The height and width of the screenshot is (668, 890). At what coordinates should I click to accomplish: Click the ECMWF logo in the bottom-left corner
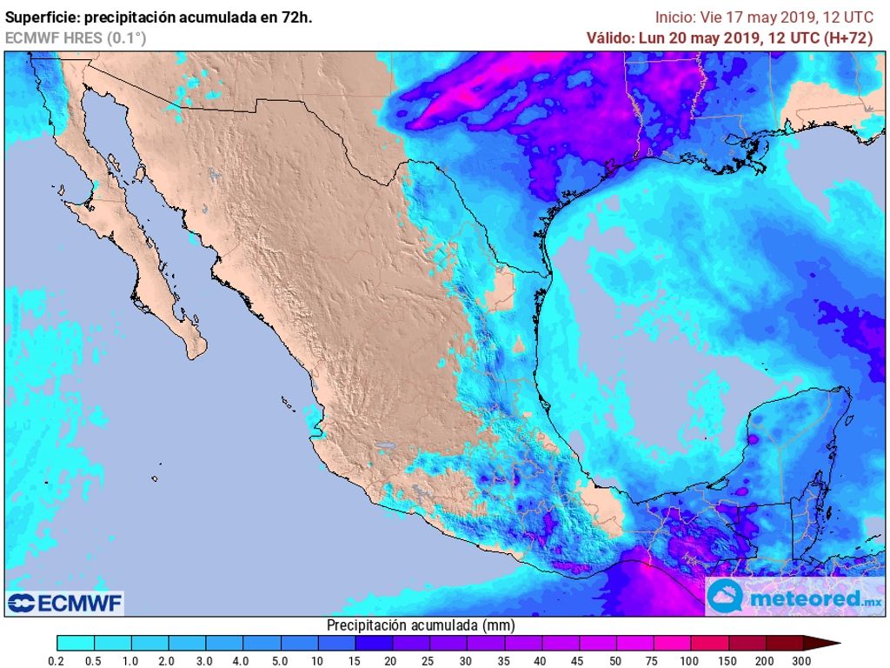pyautogui.click(x=65, y=603)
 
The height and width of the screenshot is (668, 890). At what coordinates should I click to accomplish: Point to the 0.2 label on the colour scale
pyautogui.click(x=57, y=661)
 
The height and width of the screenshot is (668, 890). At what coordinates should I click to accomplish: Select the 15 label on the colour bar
pyautogui.click(x=355, y=661)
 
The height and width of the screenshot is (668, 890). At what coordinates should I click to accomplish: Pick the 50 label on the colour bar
pyautogui.click(x=615, y=661)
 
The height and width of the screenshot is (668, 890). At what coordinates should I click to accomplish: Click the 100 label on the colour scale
pyautogui.click(x=690, y=661)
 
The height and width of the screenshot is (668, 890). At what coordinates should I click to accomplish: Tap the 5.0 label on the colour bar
pyautogui.click(x=281, y=661)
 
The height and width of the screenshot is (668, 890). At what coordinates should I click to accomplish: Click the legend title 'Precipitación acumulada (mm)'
pyautogui.click(x=421, y=625)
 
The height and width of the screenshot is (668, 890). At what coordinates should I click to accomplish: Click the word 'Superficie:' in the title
pyautogui.click(x=42, y=17)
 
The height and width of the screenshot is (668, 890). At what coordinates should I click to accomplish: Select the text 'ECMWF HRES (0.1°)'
pyautogui.click(x=76, y=37)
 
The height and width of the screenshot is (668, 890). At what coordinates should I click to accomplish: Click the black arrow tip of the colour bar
pyautogui.click(x=831, y=644)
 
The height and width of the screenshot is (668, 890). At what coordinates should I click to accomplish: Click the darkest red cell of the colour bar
pyautogui.click(x=783, y=644)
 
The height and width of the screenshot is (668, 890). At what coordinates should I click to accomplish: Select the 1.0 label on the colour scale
pyautogui.click(x=131, y=661)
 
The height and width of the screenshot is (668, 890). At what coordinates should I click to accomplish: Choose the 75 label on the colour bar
pyautogui.click(x=653, y=661)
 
